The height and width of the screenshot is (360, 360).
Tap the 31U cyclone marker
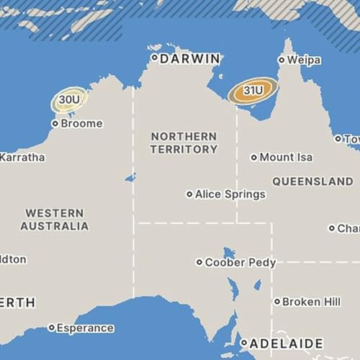(x=253, y=91)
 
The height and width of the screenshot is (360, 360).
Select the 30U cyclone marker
(x=69, y=99)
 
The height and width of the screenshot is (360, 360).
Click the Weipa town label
(x=304, y=60)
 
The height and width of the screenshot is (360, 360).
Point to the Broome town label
(x=81, y=123)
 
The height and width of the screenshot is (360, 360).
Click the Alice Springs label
(x=230, y=194)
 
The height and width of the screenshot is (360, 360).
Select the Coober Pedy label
(x=240, y=263)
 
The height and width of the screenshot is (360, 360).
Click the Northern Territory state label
(x=184, y=143)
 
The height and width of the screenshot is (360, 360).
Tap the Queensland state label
(x=313, y=181)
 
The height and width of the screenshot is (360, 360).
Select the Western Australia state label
(x=54, y=220)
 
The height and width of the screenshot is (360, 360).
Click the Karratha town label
(x=22, y=157)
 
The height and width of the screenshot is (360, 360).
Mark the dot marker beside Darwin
(x=154, y=58)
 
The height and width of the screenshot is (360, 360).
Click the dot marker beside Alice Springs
(x=189, y=194)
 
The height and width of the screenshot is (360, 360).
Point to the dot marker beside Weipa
(x=282, y=60)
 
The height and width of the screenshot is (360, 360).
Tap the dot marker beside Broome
(x=55, y=123)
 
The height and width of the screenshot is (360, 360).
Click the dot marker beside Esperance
(x=51, y=328)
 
